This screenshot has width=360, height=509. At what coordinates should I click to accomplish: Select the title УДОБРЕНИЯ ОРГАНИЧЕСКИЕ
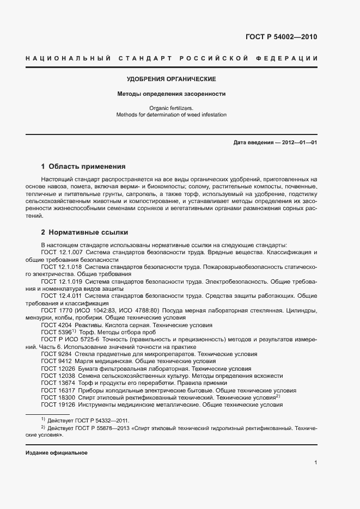(172, 79)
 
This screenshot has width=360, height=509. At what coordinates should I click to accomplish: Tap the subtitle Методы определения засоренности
(172, 94)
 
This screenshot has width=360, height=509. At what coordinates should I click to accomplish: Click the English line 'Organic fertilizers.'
(172, 108)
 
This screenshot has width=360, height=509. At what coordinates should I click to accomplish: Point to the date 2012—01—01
(298, 143)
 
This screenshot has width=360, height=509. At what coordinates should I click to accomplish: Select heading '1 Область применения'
(83, 166)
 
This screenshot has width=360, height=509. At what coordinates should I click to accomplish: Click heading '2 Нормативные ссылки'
(77, 232)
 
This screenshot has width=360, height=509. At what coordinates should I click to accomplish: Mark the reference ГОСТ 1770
(55, 310)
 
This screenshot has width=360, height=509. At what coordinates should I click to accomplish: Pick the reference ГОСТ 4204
(55, 324)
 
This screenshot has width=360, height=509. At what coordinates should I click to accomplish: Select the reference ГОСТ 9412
(55, 360)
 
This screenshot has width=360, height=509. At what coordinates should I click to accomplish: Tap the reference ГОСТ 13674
(57, 382)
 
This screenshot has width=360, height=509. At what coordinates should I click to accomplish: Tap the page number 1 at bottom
(315, 462)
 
